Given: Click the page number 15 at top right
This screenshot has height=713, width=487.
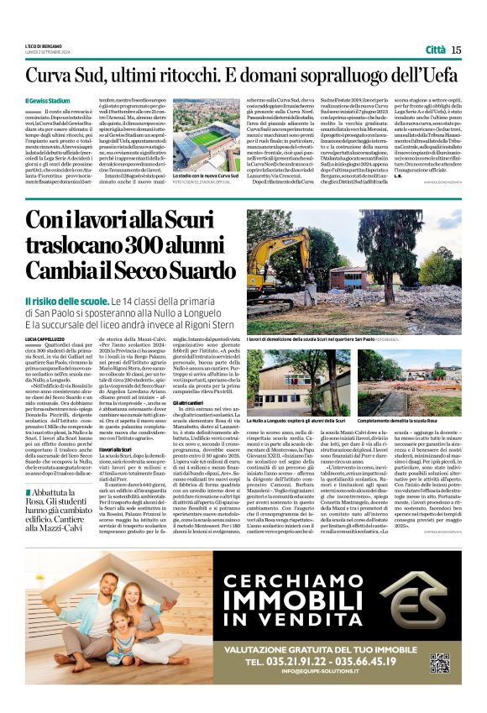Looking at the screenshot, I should point(455,50).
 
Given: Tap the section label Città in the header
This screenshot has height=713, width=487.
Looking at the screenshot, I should point(434,50).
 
